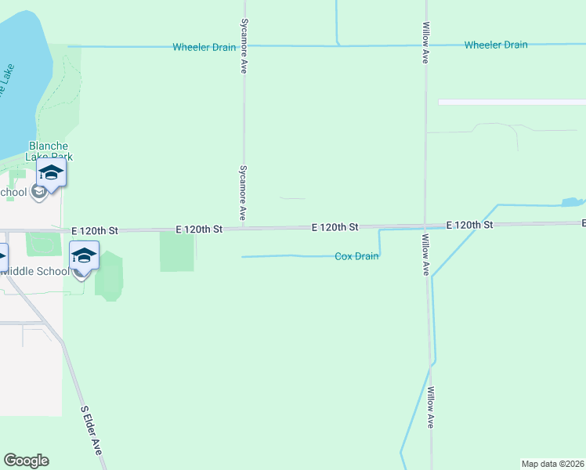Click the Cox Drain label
pyautogui.click(x=356, y=256)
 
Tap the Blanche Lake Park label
pyautogui.click(x=49, y=151)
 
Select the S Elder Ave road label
pyautogui.click(x=92, y=430)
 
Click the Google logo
pyautogui.click(x=26, y=461)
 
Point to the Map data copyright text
pyautogui.click(x=553, y=464)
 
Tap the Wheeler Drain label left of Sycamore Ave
pyautogui.click(x=204, y=47)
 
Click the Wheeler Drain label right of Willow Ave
pyautogui.click(x=495, y=45)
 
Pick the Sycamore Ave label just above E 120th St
pyautogui.click(x=243, y=192)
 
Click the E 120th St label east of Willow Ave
pyautogui.click(x=469, y=225)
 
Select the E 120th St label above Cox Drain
pyautogui.click(x=335, y=227)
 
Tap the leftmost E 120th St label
pyautogui.click(x=94, y=231)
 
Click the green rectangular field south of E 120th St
pyautogui.click(x=176, y=251)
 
